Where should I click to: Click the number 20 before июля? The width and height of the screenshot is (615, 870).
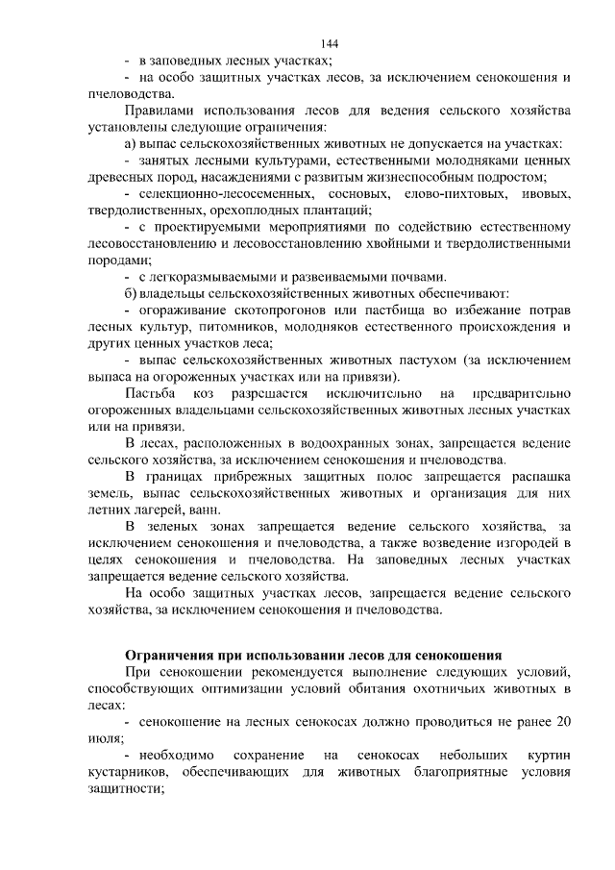click(x=564, y=721)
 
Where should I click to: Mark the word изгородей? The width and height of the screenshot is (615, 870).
click(x=526, y=544)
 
